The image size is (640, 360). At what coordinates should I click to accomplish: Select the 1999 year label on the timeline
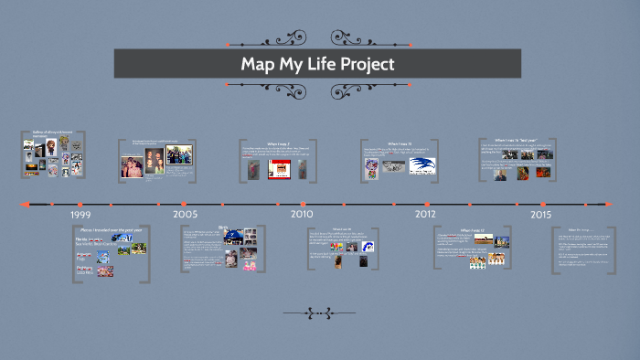pyautogui.click(x=80, y=214)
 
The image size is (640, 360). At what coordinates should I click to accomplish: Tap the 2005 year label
pyautogui.click(x=186, y=214)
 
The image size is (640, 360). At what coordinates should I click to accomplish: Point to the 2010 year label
pyautogui.click(x=302, y=214)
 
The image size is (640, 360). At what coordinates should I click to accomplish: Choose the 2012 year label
pyautogui.click(x=425, y=214)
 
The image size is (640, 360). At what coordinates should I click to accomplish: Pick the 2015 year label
pyautogui.click(x=540, y=214)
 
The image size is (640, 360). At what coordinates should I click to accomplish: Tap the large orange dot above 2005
pyautogui.click(x=186, y=203)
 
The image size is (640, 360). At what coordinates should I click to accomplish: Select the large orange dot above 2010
pyautogui.click(x=302, y=203)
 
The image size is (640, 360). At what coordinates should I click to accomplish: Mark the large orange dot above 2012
pyautogui.click(x=425, y=203)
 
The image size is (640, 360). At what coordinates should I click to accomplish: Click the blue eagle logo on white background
pyautogui.click(x=421, y=166)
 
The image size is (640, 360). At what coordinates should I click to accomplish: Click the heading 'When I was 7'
pyautogui.click(x=277, y=143)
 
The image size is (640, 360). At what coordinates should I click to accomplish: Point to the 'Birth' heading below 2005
pyautogui.click(x=222, y=228)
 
